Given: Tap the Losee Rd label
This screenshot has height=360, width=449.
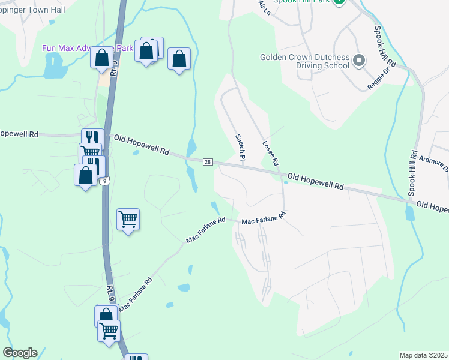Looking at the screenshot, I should [271, 153].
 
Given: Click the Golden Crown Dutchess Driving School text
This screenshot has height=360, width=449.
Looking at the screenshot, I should [304, 61].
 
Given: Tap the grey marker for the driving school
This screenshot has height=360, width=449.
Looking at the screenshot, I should [359, 61].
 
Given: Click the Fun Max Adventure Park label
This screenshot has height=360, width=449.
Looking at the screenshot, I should [87, 48].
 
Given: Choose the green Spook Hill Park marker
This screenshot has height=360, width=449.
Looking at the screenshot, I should [339, 2].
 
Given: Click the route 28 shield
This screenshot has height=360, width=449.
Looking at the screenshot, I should [208, 162].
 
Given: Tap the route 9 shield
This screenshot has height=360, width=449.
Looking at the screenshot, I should [104, 181].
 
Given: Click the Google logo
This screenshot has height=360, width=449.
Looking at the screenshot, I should [20, 353].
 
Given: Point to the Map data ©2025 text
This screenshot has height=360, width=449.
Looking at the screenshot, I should [424, 355].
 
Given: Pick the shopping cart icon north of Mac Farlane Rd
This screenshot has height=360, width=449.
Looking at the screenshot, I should [128, 218].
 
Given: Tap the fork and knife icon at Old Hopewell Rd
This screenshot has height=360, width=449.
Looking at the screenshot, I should [92, 137].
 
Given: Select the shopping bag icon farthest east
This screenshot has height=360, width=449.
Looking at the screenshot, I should [179, 59].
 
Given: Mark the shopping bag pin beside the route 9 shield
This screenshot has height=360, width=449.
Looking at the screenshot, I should [86, 175].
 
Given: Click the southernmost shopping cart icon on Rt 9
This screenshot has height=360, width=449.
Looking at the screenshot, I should [109, 330].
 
